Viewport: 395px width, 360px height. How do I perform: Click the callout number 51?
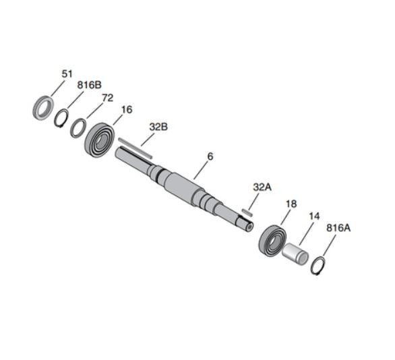67,74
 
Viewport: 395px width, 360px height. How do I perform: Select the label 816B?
89,86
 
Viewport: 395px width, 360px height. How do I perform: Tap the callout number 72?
107,98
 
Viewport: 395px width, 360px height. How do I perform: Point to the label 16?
127,109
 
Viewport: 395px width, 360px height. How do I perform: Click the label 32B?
158,126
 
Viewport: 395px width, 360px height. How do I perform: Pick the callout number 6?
210,156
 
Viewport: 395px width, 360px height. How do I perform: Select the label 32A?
262,187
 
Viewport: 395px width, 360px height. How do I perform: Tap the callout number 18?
291,203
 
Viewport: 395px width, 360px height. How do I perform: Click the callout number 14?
314,216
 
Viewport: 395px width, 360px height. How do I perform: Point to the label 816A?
338,228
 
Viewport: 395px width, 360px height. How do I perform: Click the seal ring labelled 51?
43,107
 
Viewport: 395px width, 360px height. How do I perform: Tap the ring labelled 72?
78,126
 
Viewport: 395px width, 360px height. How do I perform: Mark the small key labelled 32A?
247,212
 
